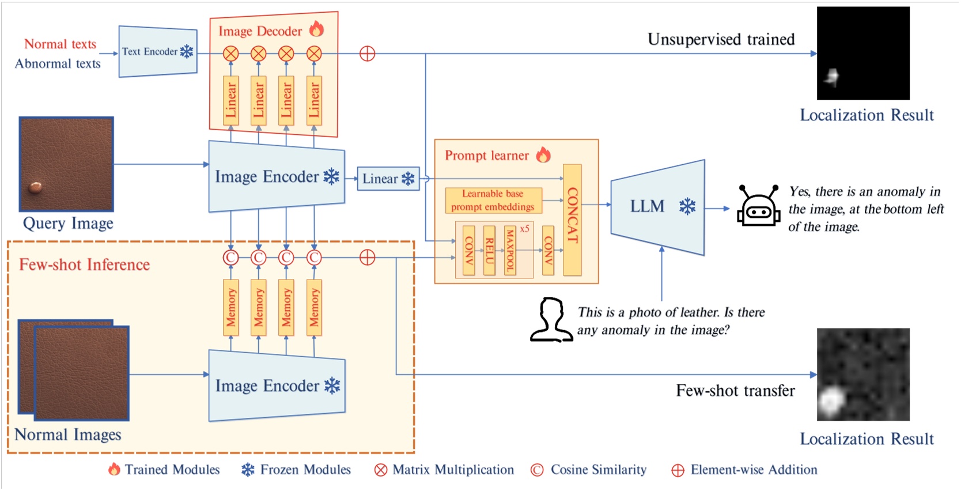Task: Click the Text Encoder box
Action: coord(157,51)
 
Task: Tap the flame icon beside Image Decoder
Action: coord(316,29)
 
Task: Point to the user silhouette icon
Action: coord(551,320)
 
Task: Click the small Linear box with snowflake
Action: coord(388,179)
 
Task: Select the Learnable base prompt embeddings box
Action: coord(493,200)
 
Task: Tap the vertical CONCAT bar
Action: coord(572,219)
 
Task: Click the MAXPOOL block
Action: coord(509,250)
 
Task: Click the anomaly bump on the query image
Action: coord(35,186)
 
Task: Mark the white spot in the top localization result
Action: coord(831,77)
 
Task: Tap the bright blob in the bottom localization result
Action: coord(830,401)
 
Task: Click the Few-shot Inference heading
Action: coord(84,265)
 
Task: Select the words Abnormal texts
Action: coord(58,63)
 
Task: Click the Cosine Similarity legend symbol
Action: coord(537,470)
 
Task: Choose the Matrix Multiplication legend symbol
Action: coord(381,470)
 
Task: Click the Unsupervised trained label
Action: coord(721,39)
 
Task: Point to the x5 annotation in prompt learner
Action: coord(524,229)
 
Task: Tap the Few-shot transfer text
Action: coord(735,391)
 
